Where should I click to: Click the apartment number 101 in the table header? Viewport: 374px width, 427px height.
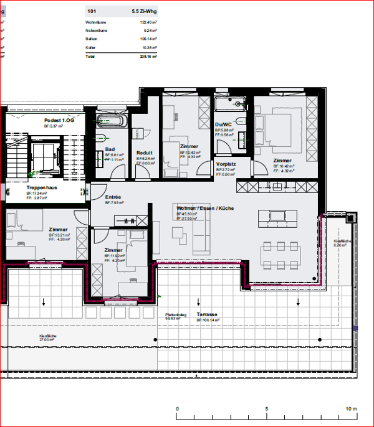[92, 11]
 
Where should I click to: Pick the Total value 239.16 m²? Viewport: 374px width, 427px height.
[145, 55]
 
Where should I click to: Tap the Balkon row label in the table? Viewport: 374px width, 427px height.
[92, 39]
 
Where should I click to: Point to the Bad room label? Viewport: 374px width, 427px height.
[110, 149]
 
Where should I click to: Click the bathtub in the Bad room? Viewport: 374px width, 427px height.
[112, 120]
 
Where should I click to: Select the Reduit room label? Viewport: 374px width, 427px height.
[144, 152]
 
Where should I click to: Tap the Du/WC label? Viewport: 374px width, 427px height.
[223, 124]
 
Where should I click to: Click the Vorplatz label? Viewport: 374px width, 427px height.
[226, 164]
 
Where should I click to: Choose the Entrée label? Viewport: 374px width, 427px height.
[113, 197]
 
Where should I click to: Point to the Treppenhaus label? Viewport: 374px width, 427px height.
[42, 187]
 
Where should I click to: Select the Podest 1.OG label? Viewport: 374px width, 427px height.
[59, 120]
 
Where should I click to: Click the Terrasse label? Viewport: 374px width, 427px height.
[207, 315]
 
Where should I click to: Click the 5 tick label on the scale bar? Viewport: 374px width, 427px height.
[267, 409]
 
